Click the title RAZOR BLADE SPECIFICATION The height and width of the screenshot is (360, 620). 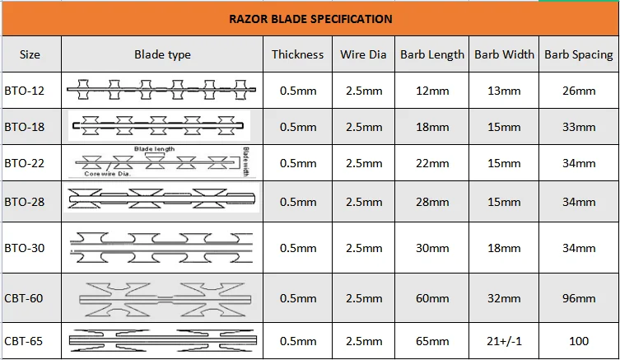coord(310,19)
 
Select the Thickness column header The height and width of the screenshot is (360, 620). coord(297,54)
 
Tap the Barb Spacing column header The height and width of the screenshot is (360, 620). coord(579,54)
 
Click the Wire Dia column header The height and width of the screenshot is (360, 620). coord(363,54)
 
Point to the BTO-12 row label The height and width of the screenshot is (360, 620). coord(24,91)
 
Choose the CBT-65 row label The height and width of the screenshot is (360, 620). coord(23,340)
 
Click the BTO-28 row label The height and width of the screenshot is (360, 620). coord(24,202)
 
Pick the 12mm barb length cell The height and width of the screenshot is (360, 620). coord(432,91)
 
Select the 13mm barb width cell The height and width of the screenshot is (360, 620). coord(504,91)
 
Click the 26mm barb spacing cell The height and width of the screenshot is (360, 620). coord(579,91)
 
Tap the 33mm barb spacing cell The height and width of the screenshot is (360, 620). coord(579,127)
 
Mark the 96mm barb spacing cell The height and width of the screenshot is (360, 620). coord(579,298)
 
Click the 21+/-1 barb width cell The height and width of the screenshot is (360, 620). coord(504,340)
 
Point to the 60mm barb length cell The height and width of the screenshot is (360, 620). coord(432,298)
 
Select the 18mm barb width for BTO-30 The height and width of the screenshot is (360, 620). coord(504,248)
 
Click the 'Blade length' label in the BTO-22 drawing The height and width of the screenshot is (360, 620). coord(154,149)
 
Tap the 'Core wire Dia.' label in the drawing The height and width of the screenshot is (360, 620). coord(107,174)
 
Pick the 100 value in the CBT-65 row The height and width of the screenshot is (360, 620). coord(579,340)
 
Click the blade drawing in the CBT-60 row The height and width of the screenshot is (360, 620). coord(165,299)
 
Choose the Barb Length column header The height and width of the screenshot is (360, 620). coord(432,54)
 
